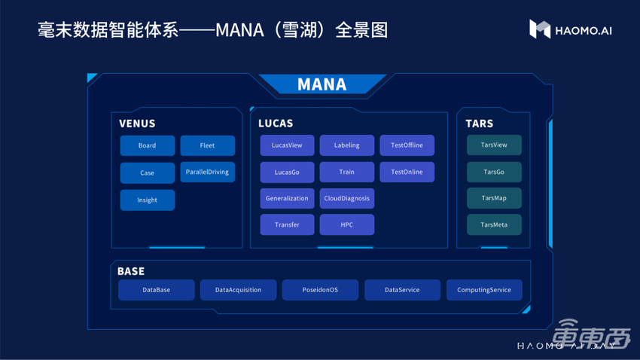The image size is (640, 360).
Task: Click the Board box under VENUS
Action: pos(148,145)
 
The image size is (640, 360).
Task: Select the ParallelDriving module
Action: pos(207,172)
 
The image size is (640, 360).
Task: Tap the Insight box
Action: pos(148,200)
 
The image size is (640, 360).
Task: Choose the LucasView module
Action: pos(287,145)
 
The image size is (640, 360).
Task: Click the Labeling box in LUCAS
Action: pos(346,145)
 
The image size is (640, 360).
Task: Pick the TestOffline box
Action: pos(407,145)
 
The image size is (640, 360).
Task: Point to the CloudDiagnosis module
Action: pos(346,198)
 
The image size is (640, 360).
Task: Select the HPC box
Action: pos(346,224)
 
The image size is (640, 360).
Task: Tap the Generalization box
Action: pos(287,198)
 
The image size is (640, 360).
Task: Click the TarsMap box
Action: pos(494,198)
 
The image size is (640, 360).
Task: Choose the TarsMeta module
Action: pos(494,224)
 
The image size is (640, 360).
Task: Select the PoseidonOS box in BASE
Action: pos(320,290)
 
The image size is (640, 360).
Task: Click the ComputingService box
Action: pos(484,290)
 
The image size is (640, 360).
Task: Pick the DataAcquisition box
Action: pos(239,290)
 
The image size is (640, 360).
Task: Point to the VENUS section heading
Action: pos(137,124)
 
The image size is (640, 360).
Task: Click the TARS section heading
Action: pos(479,124)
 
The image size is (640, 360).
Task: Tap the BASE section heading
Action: pos(130,271)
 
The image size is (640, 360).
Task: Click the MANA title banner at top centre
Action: pos(322,84)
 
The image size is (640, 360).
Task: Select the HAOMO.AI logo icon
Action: pos(540,29)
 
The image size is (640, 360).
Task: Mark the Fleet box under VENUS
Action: pos(207,145)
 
